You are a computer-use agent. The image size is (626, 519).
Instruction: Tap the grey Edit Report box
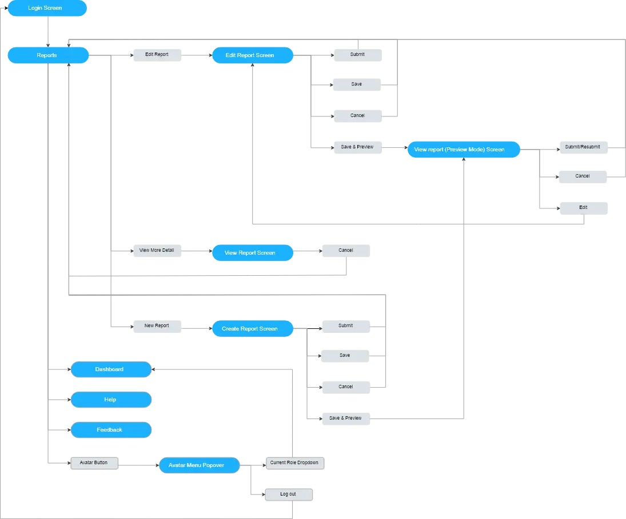pyautogui.click(x=157, y=55)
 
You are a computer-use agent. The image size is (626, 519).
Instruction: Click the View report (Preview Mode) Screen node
pyautogui.click(x=463, y=150)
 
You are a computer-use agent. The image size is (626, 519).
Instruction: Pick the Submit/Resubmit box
pyautogui.click(x=583, y=147)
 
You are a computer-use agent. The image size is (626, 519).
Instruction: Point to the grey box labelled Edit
pyautogui.click(x=583, y=207)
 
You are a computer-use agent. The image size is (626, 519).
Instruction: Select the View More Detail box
pyautogui.click(x=157, y=251)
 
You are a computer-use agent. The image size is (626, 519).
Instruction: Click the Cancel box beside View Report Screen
pyautogui.click(x=345, y=251)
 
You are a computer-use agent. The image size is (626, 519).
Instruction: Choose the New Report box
pyautogui.click(x=157, y=326)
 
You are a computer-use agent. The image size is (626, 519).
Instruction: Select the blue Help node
pyautogui.click(x=110, y=400)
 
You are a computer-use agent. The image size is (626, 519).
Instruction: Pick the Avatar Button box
pyautogui.click(x=94, y=462)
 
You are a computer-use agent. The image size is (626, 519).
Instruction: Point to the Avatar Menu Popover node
pyautogui.click(x=200, y=465)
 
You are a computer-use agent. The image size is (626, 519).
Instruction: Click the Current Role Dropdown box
pyautogui.click(x=294, y=462)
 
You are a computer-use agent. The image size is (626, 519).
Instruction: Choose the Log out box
pyautogui.click(x=289, y=494)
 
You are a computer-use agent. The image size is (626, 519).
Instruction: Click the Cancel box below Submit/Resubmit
pyautogui.click(x=583, y=176)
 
